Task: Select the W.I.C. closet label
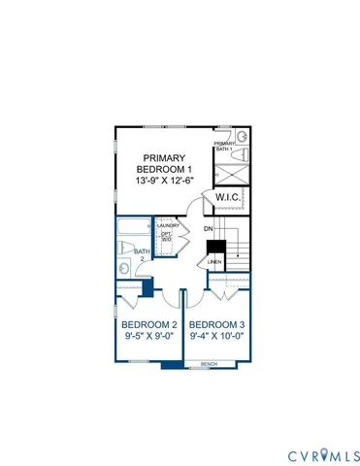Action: point(227,199)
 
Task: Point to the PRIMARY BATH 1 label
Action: point(225,147)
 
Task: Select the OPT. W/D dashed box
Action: point(166,239)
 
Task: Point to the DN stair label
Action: point(208,230)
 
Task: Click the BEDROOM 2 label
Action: point(148,324)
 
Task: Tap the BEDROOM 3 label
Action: point(216,324)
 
